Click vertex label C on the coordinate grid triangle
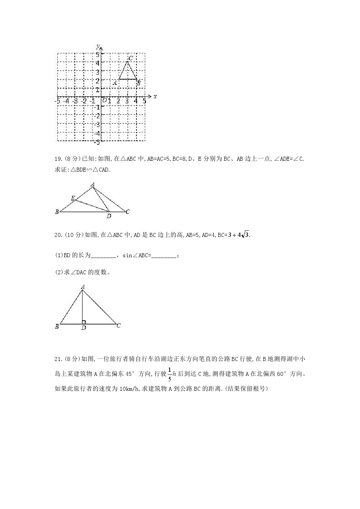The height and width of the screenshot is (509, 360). pos(131,58)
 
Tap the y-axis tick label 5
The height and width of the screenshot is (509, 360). pos(97,54)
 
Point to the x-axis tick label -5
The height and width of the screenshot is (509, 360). pos(57,101)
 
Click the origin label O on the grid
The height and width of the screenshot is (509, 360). pos(104,101)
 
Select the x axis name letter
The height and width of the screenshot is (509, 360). pos(155,97)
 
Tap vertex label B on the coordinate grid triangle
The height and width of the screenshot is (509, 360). pos(138,83)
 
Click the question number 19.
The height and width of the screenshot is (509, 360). pos(58,159)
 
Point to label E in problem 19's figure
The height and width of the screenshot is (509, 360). pos(73,198)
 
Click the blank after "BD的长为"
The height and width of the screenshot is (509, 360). pos(103,256)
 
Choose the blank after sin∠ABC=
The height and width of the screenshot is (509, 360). pos(164,256)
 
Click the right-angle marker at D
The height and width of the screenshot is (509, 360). pos(84,322)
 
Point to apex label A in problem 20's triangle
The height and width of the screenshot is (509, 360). pos(83,287)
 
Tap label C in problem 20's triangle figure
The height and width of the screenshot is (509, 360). pos(119,325)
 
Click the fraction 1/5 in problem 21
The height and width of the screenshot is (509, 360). pos(169,374)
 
